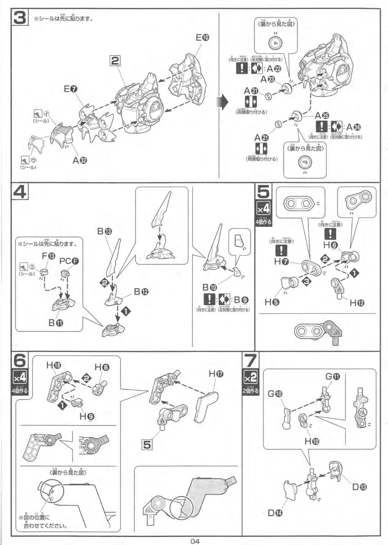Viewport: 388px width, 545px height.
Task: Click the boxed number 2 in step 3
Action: click(x=115, y=61)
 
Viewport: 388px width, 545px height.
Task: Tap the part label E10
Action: click(x=202, y=37)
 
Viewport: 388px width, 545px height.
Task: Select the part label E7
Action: click(x=70, y=89)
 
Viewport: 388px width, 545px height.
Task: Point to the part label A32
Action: click(x=80, y=160)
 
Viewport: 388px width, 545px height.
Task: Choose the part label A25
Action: click(x=322, y=116)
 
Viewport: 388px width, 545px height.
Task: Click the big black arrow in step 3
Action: click(x=222, y=103)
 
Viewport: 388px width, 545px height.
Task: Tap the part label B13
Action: click(x=105, y=231)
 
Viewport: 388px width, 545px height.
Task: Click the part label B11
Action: click(x=56, y=322)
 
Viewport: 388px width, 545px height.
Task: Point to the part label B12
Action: click(x=141, y=291)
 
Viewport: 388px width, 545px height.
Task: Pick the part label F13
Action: click(x=48, y=256)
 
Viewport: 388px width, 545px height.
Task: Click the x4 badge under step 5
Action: click(x=264, y=209)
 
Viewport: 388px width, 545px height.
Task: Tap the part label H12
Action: click(x=357, y=303)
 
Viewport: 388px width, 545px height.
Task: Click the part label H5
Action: click(x=272, y=302)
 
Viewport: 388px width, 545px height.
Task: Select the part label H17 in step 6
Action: click(x=216, y=374)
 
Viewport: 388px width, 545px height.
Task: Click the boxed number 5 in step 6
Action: click(x=147, y=444)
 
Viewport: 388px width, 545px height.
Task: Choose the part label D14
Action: click(x=275, y=513)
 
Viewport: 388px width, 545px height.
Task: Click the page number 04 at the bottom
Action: click(x=195, y=541)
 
